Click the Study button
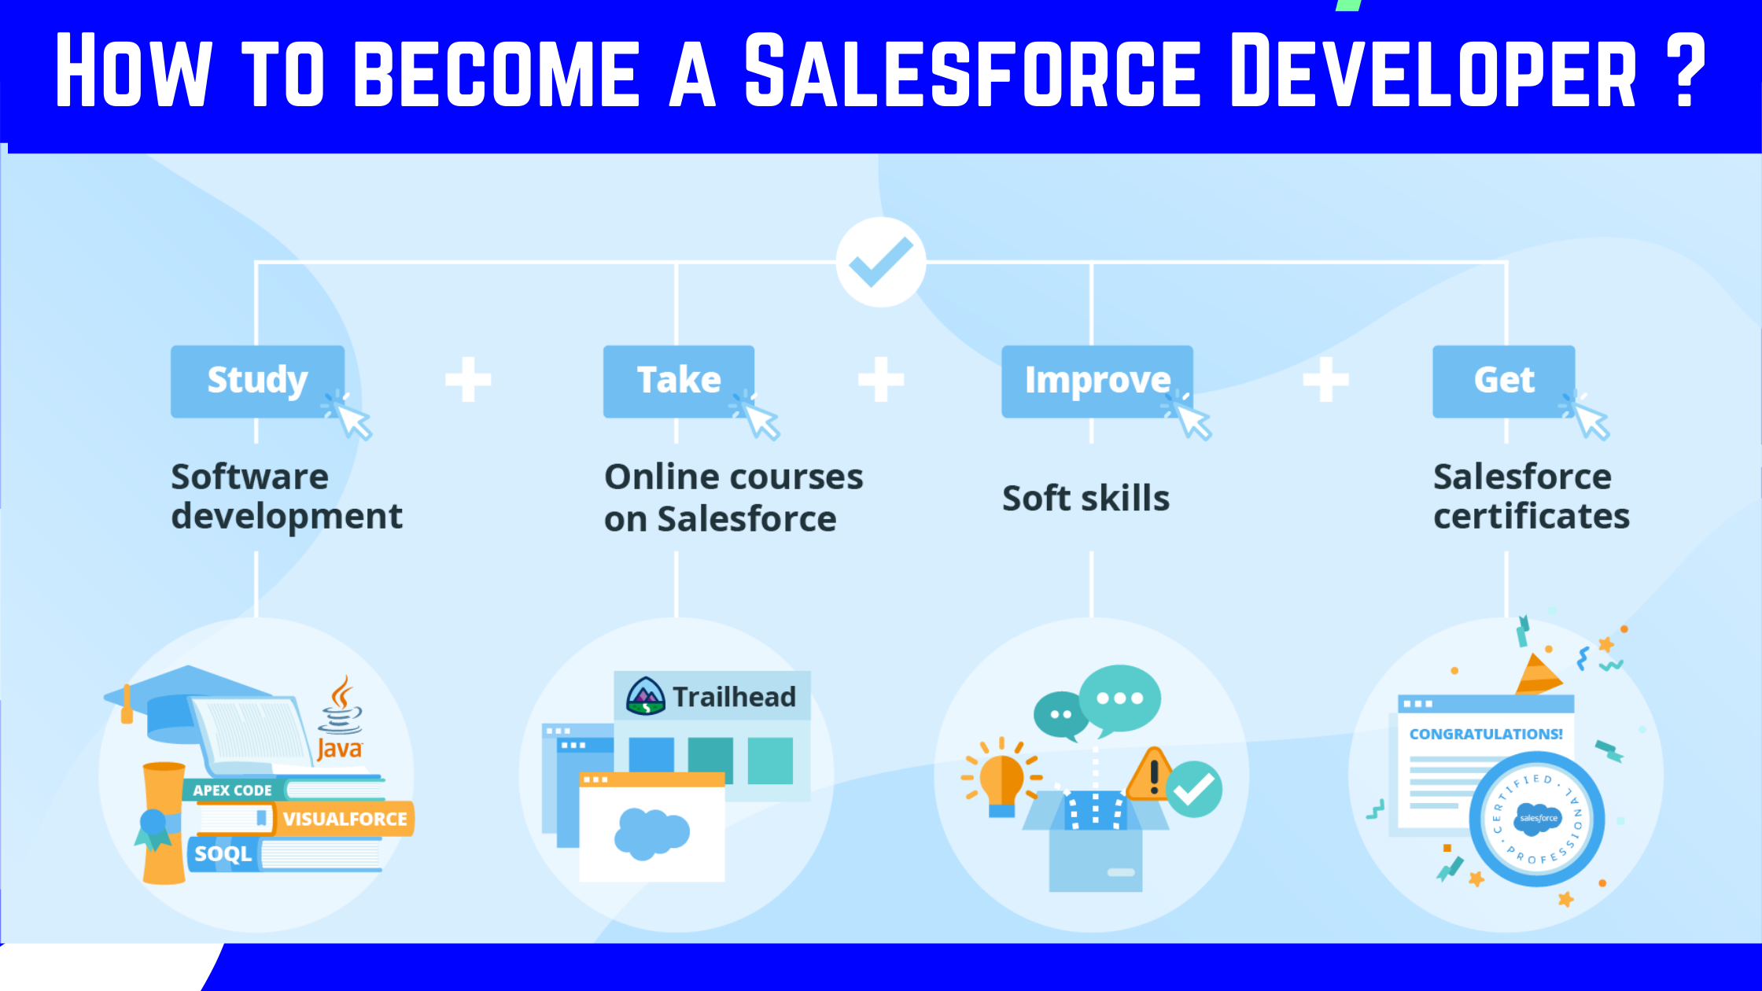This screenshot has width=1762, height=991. pos(257,381)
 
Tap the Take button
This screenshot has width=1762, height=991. pos(678,381)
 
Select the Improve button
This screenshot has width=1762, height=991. pos(1097,381)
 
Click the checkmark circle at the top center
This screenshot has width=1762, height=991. pos(881,262)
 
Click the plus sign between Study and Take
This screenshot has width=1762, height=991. pos(468,379)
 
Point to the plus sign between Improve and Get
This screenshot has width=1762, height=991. pos(1325,379)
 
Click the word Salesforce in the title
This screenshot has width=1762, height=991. pos(972,71)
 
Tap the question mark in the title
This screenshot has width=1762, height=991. pos(1685,71)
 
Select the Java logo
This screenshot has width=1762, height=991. pos(341,720)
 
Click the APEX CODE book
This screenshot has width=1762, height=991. pos(233,790)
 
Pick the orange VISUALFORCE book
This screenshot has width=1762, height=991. pos(345,819)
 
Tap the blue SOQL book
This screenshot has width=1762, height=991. pos(223,854)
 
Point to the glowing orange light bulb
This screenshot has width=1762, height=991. pos(1001,779)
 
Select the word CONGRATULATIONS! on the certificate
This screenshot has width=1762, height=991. pos(1485,734)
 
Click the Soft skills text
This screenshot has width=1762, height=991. pos(1086,499)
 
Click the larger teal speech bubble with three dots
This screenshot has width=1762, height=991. pos(1119,698)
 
